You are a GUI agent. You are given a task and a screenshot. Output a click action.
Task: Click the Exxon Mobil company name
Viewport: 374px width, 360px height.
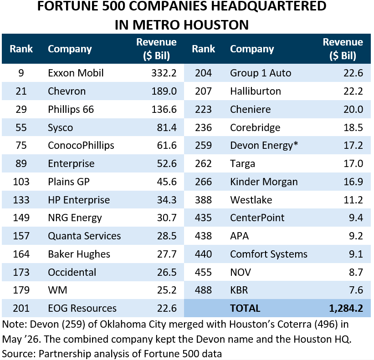coord(76,73)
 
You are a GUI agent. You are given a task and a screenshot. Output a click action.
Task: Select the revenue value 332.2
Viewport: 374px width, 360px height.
coord(164,73)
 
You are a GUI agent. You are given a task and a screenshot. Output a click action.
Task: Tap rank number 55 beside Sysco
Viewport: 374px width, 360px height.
coord(21,127)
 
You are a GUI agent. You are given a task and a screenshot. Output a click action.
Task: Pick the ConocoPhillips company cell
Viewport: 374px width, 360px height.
coord(81,146)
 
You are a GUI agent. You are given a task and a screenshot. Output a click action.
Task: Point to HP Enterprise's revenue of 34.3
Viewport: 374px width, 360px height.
coord(166,200)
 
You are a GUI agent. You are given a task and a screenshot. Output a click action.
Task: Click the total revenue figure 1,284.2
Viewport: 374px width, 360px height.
coord(346,308)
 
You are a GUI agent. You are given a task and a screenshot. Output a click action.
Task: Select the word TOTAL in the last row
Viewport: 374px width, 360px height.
coord(245,308)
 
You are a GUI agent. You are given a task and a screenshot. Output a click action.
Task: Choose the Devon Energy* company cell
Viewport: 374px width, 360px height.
coord(264,146)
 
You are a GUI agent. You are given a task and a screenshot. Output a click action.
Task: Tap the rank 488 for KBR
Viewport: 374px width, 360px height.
coord(203,290)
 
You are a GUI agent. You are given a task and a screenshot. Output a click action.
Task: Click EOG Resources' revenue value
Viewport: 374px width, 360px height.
coord(166,308)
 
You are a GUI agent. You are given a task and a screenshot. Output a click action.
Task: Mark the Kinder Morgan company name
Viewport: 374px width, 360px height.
coord(264,182)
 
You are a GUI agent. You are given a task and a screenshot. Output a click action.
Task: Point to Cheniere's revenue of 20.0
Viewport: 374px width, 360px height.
coord(353,109)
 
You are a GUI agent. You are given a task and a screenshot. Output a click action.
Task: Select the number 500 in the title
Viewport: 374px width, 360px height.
coord(113,6)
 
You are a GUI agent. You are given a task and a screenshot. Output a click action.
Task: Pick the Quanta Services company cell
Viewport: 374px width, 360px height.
coord(84,236)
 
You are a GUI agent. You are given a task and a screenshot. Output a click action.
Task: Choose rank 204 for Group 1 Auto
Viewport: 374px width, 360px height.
coord(203,73)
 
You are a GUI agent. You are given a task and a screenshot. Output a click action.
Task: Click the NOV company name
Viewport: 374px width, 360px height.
coord(241,272)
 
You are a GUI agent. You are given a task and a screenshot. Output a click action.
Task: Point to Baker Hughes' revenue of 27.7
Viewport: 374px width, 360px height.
coord(166,254)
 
